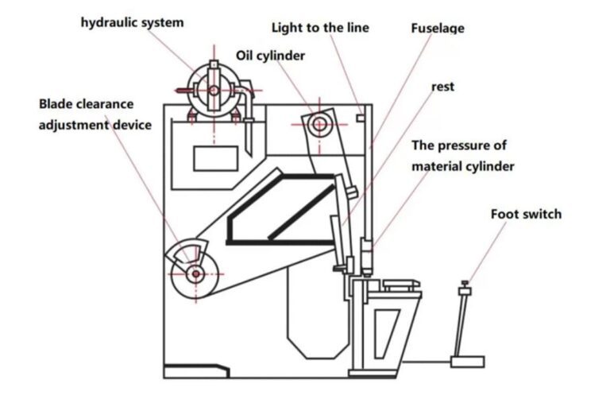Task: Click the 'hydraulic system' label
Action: click(132, 22)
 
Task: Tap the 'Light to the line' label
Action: click(320, 28)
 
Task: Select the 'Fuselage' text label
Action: click(438, 29)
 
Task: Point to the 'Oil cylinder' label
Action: click(270, 56)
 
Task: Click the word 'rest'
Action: click(443, 87)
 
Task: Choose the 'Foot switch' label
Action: click(526, 214)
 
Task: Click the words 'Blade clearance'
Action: click(87, 104)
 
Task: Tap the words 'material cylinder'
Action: click(463, 166)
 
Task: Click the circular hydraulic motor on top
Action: click(214, 89)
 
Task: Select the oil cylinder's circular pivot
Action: click(319, 123)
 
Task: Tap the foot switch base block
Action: click(467, 362)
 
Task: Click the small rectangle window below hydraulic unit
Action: click(215, 157)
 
